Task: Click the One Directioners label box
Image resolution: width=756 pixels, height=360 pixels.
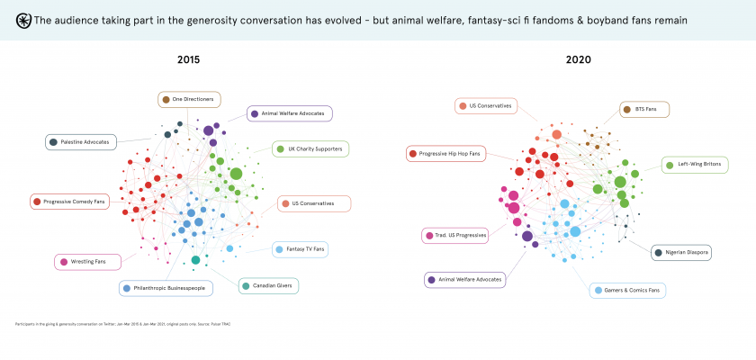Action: coord(189,99)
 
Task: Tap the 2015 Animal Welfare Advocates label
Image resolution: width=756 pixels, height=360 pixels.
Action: coord(291,113)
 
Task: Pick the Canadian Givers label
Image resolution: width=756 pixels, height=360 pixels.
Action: coord(269,286)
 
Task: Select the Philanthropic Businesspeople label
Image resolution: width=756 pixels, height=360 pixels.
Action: coord(168,288)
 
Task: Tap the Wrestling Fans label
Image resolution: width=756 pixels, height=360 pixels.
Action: coord(88,262)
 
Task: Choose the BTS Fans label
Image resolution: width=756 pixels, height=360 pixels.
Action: coord(644,110)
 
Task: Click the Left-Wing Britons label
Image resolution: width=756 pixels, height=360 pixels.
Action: coord(696,165)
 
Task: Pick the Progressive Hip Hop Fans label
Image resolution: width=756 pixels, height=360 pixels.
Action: coord(445,154)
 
